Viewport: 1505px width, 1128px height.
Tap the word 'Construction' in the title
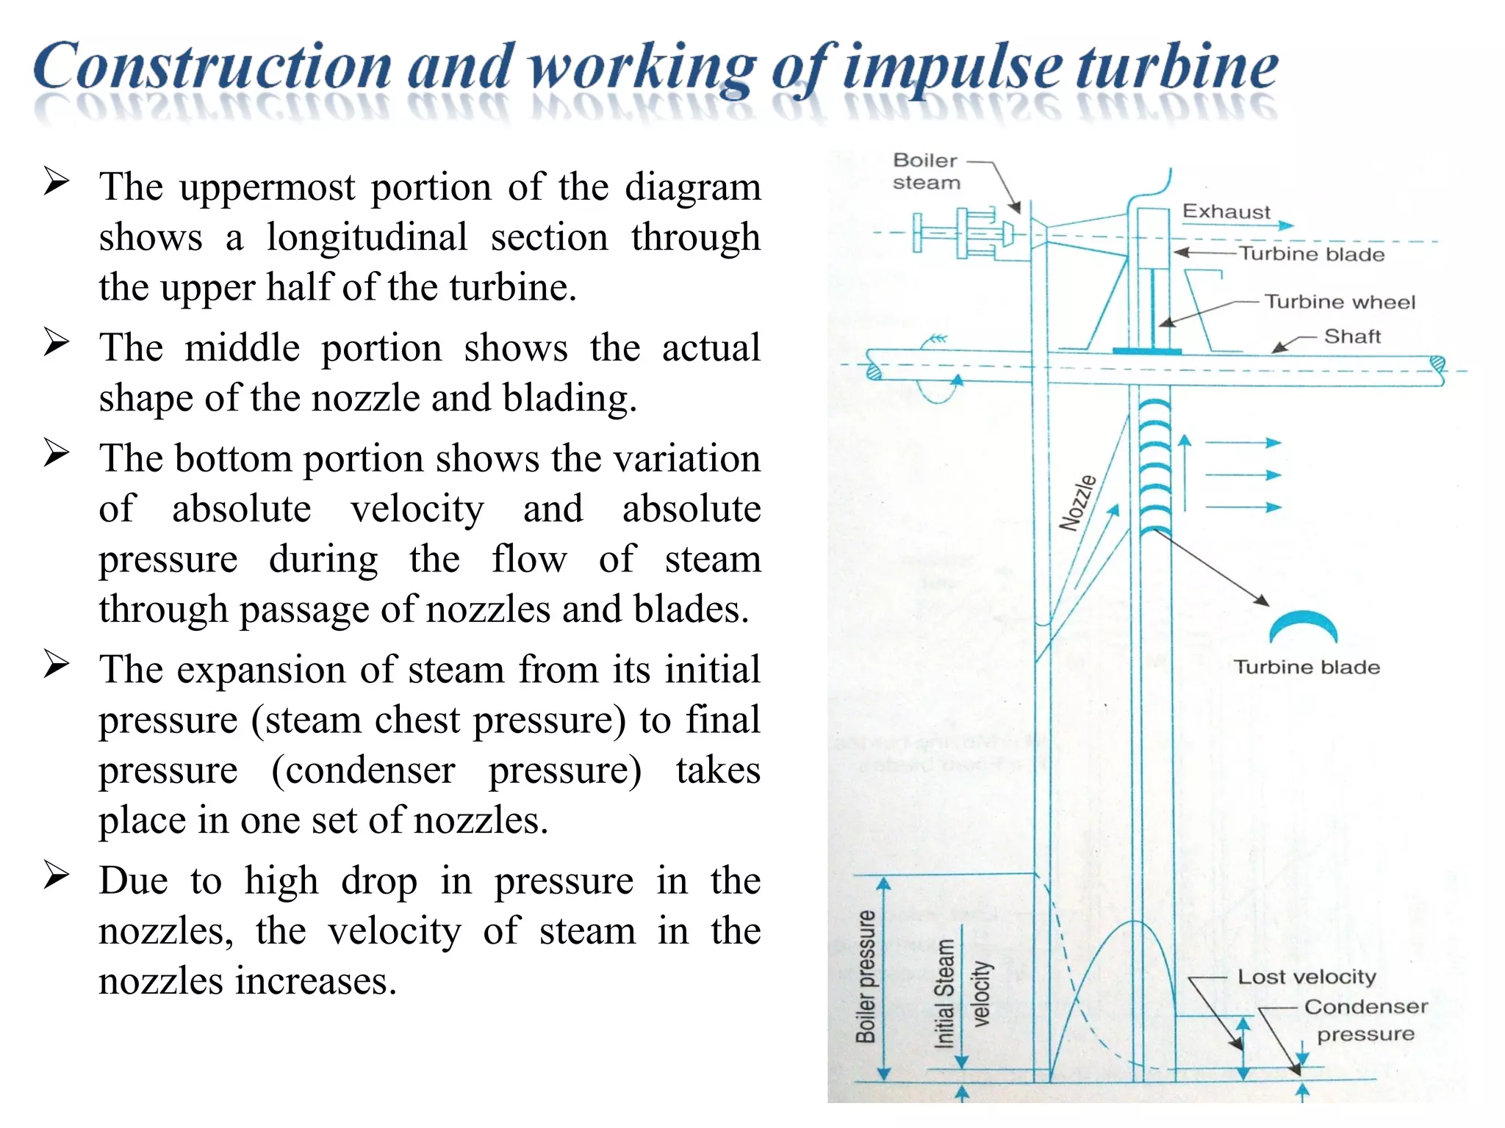[212, 68]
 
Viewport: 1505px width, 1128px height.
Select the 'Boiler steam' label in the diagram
[926, 171]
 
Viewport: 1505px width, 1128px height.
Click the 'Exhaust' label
[1226, 211]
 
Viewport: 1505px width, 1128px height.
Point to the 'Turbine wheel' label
[1339, 302]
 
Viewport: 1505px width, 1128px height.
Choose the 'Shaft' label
[1352, 336]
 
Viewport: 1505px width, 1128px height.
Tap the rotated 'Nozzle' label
[1077, 502]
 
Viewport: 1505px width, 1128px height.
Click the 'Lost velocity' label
[1307, 977]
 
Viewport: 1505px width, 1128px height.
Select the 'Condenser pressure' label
[1365, 1020]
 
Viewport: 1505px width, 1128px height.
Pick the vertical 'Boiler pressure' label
[866, 977]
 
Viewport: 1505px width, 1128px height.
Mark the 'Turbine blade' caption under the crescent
[1307, 667]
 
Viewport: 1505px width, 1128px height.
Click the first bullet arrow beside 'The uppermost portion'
[56, 181]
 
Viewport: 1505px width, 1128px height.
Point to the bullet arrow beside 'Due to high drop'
[56, 875]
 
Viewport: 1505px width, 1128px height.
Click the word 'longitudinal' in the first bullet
[367, 237]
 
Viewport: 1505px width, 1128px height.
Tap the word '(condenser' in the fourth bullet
[363, 770]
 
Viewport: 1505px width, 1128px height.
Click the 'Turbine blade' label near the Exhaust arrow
[1312, 254]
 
